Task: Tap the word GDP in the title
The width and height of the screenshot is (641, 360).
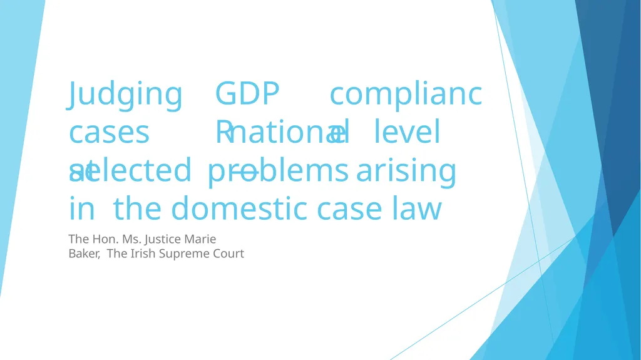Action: click(x=247, y=95)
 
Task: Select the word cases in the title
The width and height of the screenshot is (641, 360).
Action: click(x=110, y=133)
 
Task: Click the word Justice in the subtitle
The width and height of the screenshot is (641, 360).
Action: click(x=166, y=239)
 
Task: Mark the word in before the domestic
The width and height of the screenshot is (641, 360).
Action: click(x=81, y=210)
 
